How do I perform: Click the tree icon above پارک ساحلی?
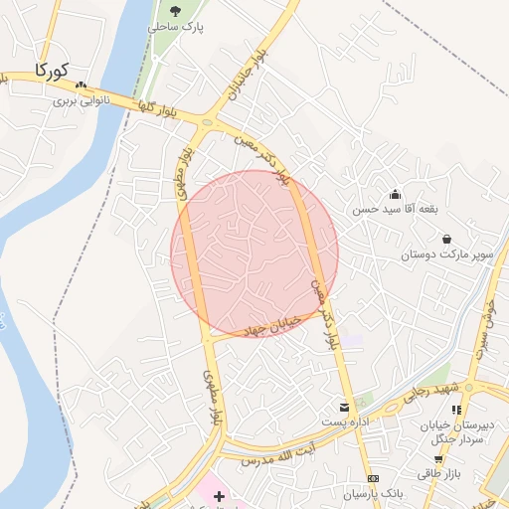tap(175, 10)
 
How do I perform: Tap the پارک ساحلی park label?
tap(175, 27)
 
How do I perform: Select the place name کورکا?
tap(49, 71)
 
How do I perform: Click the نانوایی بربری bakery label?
tap(79, 100)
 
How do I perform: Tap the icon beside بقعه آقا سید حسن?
tap(396, 194)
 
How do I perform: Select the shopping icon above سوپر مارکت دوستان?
tap(446, 240)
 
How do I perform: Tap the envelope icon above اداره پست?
tap(345, 408)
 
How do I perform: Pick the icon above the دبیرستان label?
tap(456, 409)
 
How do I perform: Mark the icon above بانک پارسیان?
tap(372, 478)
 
